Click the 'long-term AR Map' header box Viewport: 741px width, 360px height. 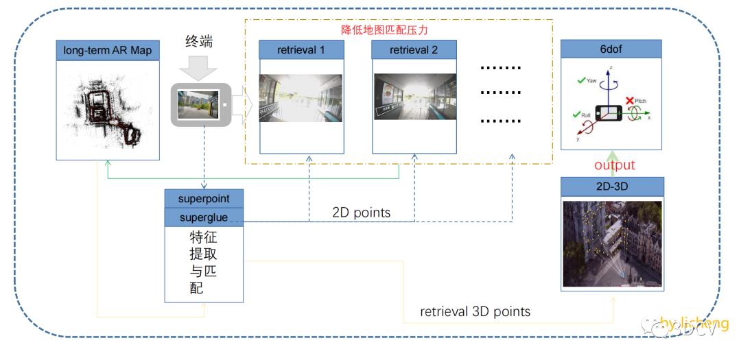(x=108, y=49)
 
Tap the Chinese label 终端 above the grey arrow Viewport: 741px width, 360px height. (x=198, y=41)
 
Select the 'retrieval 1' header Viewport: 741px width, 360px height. (x=301, y=49)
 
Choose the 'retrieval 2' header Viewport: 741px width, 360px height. (x=414, y=49)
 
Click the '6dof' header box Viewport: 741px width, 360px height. (x=611, y=49)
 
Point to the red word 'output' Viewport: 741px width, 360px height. (x=615, y=165)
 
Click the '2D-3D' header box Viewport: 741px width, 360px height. (x=612, y=186)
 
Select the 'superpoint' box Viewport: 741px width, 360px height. (x=204, y=198)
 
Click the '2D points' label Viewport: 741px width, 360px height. (x=361, y=213)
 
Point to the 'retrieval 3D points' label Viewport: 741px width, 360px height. (x=475, y=311)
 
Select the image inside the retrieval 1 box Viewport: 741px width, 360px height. (x=301, y=97)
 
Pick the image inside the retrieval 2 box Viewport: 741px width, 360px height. (x=414, y=97)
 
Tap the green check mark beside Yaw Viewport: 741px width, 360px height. (x=583, y=80)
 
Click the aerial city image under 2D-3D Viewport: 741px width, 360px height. (x=612, y=243)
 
